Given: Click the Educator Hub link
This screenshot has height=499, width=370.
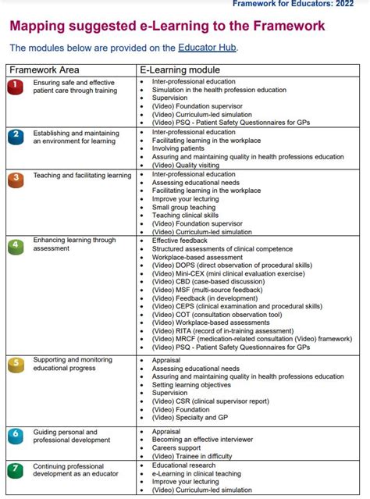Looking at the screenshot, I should [207, 48].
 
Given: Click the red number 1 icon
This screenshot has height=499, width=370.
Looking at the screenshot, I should [16, 87].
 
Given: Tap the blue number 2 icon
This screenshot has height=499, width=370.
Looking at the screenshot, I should [16, 137].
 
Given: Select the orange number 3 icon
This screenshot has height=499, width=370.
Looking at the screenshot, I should [16, 180].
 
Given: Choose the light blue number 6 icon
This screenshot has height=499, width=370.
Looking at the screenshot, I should [16, 436].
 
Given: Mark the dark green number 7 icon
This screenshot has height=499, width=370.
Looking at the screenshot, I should [16, 470].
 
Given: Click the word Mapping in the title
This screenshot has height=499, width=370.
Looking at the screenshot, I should [40, 27].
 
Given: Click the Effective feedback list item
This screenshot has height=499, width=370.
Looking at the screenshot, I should [182, 241].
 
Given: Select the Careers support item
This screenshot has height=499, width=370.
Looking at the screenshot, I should [178, 448].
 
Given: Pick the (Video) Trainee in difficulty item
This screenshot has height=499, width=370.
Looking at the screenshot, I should [192, 456].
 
